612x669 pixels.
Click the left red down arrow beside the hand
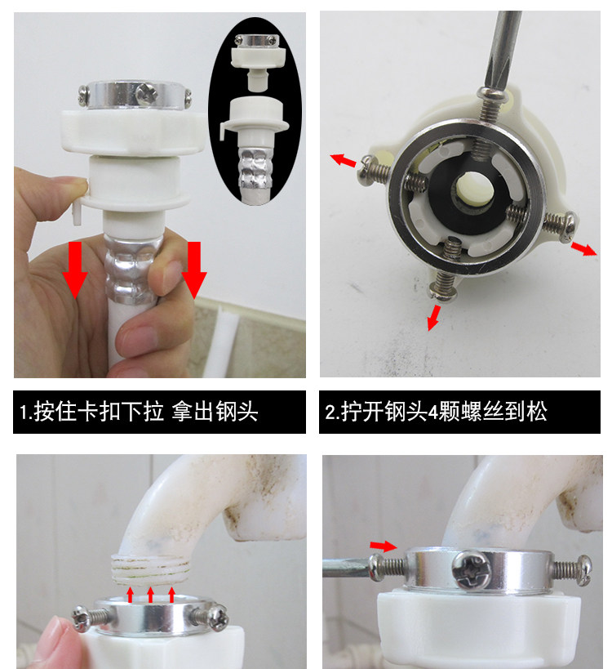(x=75, y=270)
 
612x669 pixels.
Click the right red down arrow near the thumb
(x=194, y=270)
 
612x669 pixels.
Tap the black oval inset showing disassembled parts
(x=255, y=111)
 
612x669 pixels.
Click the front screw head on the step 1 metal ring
(x=146, y=94)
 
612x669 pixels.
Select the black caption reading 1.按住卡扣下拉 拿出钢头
(x=159, y=412)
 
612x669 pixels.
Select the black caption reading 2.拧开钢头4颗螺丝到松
(x=459, y=412)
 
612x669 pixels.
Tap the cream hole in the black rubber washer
(x=474, y=186)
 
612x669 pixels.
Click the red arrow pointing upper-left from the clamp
(x=343, y=160)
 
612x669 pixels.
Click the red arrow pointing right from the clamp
(x=583, y=248)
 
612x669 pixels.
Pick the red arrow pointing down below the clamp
(x=433, y=318)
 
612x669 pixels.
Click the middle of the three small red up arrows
(x=150, y=595)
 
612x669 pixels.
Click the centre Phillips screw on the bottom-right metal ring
(x=471, y=570)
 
